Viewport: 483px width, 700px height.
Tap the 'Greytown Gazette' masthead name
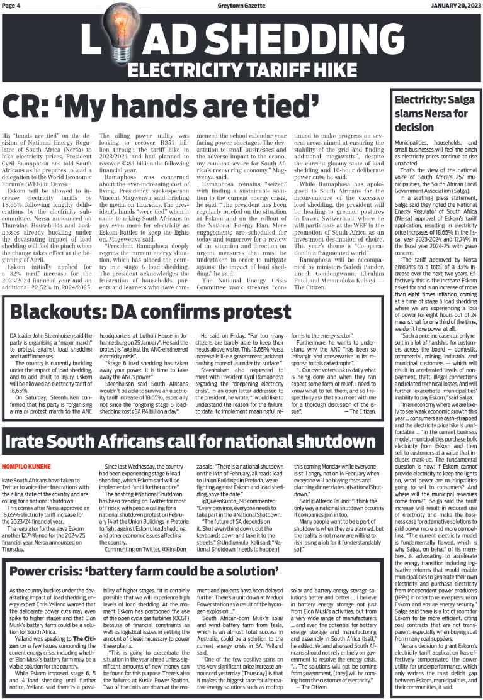(241, 5)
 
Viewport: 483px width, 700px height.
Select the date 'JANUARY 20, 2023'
(455, 5)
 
